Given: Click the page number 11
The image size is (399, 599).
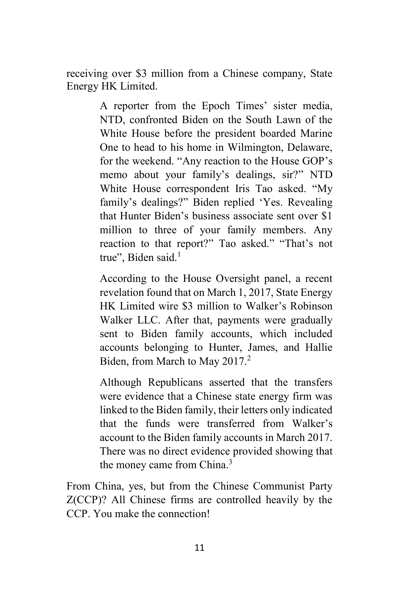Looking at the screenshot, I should pyautogui.click(x=199, y=547).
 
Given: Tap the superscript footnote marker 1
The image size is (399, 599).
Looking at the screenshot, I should pyautogui.click(x=179, y=255).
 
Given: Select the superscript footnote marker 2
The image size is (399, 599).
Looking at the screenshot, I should pyautogui.click(x=248, y=359).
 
